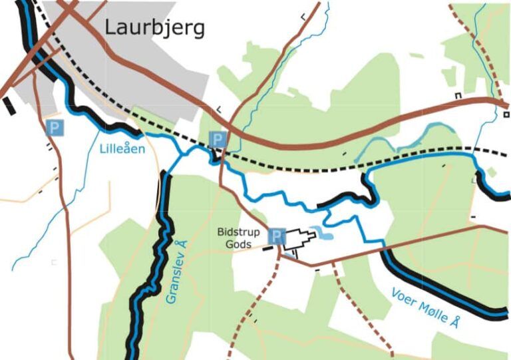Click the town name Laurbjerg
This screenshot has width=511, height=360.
(154, 28)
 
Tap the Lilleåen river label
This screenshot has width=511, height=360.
(122, 148)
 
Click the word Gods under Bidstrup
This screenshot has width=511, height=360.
(238, 244)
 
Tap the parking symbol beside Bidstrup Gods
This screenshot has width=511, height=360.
(277, 236)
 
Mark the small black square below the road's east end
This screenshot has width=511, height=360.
(506, 114)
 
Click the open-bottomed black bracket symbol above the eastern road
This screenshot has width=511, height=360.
(458, 96)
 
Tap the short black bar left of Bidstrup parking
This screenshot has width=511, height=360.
(267, 249)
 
